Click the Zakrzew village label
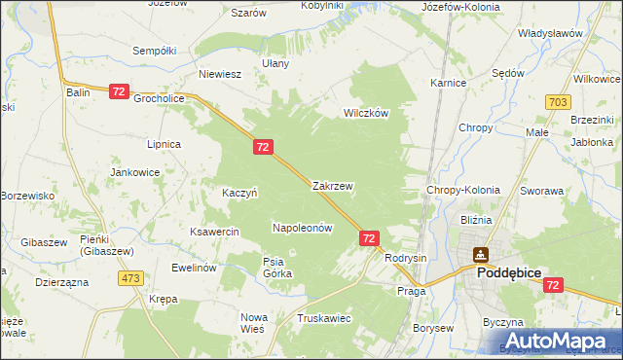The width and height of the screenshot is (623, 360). click(x=332, y=185)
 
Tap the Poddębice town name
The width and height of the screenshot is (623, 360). click(x=501, y=274)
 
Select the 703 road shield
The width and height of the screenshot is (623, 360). click(x=558, y=101)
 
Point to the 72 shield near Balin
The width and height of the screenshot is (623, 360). click(x=119, y=90)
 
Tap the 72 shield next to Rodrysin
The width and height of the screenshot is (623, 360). click(x=369, y=237)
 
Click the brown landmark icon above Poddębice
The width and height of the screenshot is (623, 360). click(x=480, y=255)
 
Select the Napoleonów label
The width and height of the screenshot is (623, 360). click(x=302, y=228)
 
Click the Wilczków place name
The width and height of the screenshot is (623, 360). click(x=365, y=113)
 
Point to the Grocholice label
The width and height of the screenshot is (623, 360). click(x=159, y=98)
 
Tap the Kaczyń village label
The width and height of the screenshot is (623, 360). click(x=239, y=193)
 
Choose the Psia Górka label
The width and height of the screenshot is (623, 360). click(x=277, y=267)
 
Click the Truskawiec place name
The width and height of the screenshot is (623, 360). click(x=324, y=318)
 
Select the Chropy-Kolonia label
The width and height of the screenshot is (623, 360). click(x=462, y=191)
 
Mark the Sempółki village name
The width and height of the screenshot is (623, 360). click(x=154, y=50)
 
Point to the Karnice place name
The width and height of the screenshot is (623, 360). click(x=447, y=84)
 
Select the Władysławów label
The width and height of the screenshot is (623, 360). click(x=550, y=33)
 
